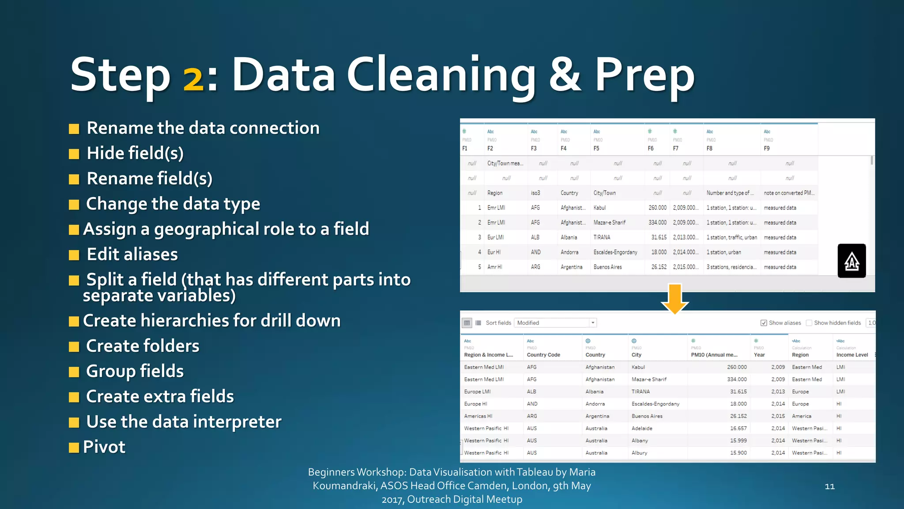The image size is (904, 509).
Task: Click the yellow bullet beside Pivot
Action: click(x=74, y=448)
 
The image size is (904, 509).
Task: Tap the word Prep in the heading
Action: click(x=644, y=75)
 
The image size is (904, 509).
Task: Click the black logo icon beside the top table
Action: click(x=851, y=261)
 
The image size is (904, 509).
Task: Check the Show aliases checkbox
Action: click(x=764, y=323)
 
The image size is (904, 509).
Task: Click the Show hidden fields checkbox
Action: click(x=809, y=323)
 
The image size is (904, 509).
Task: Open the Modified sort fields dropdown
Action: click(x=593, y=323)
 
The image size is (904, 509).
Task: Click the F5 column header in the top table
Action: click(x=596, y=148)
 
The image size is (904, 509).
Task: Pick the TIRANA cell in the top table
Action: click(x=602, y=237)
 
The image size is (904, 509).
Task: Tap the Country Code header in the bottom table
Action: click(x=543, y=355)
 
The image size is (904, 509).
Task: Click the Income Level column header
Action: click(x=852, y=355)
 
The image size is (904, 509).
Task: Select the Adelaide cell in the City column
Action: click(x=642, y=428)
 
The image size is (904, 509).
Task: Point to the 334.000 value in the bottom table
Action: click(x=738, y=379)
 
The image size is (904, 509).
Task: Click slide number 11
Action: click(x=829, y=486)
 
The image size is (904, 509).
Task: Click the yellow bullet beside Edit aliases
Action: click(x=74, y=255)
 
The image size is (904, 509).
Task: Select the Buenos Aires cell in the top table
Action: click(x=607, y=267)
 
